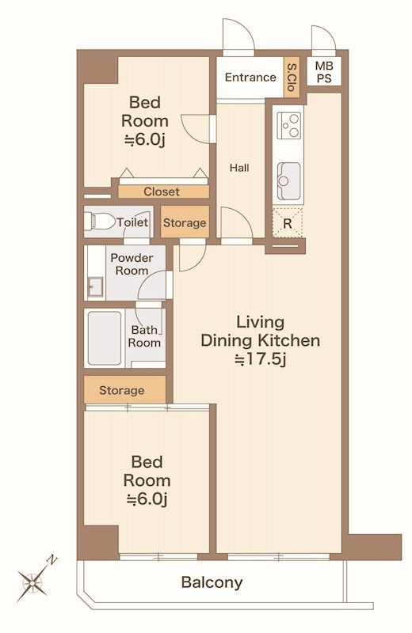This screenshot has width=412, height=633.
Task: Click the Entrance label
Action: pyautogui.click(x=250, y=77)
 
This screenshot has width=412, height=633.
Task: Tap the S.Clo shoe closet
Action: pyautogui.click(x=292, y=77)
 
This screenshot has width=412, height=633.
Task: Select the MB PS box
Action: pyautogui.click(x=324, y=71)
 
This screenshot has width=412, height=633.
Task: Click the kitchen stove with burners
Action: pyautogui.click(x=289, y=126)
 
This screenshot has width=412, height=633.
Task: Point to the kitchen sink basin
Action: pyautogui.click(x=288, y=181)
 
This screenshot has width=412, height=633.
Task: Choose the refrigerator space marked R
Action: pyautogui.click(x=288, y=222)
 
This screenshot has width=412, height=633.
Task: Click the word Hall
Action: pyautogui.click(x=239, y=168)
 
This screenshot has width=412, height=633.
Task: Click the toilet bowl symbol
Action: pyautogui.click(x=99, y=222)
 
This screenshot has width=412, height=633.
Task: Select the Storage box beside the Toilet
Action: pyautogui.click(x=185, y=222)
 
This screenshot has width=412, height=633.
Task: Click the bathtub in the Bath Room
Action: pyautogui.click(x=105, y=339)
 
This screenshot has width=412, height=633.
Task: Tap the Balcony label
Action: pyautogui.click(x=212, y=582)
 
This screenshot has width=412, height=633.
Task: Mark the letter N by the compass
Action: pyautogui.click(x=52, y=560)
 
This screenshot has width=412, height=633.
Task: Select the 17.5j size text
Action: pyautogui.click(x=261, y=359)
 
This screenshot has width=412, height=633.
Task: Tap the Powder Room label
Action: pyautogui.click(x=132, y=264)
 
